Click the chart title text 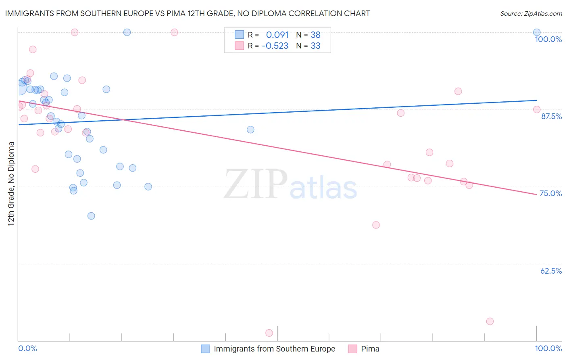(187, 13)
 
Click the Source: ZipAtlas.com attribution (531, 13)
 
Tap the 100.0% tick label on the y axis (548, 39)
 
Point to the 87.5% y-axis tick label (551, 116)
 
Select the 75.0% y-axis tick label (550, 193)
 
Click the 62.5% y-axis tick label (551, 271)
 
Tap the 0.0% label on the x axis (27, 348)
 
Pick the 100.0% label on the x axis (548, 348)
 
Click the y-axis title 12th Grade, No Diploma (11, 184)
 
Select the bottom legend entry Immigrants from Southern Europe (274, 349)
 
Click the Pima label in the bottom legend (370, 349)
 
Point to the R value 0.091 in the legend (277, 35)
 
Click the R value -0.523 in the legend (275, 46)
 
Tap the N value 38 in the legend (315, 35)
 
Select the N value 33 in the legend (315, 46)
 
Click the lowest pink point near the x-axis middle (269, 333)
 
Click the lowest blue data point (91, 216)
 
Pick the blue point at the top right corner (537, 32)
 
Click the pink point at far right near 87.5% (537, 109)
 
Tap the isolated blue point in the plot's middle (250, 130)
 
